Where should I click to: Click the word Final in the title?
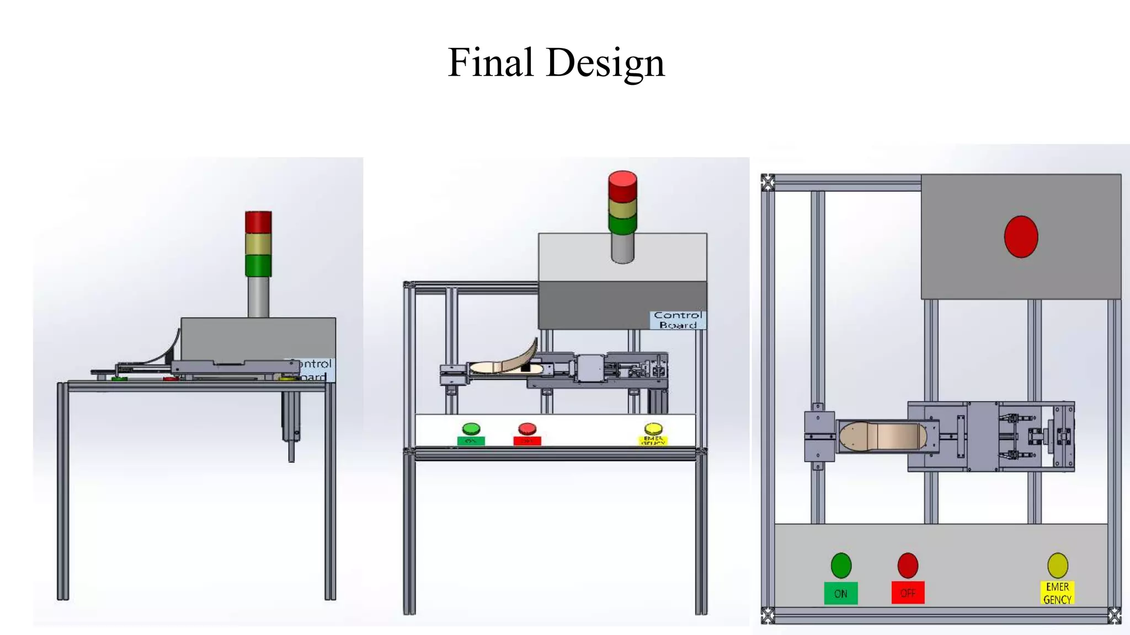(491, 62)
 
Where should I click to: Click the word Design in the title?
(605, 63)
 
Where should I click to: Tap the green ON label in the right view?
(840, 594)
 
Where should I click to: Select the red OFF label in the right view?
(908, 593)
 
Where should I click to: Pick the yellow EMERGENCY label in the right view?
(1057, 593)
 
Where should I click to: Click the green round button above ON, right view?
(841, 566)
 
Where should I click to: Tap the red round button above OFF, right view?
(908, 566)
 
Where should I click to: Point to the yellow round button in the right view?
(1058, 566)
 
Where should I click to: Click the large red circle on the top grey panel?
(1021, 237)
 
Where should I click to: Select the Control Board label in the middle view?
(678, 320)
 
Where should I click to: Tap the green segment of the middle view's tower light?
(622, 224)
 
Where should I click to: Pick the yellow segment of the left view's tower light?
(258, 244)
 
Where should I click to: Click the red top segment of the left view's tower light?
(258, 222)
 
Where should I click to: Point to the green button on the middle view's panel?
(471, 429)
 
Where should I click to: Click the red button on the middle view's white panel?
(527, 429)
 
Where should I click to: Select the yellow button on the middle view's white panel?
(653, 429)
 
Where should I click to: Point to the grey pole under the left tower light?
(258, 297)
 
